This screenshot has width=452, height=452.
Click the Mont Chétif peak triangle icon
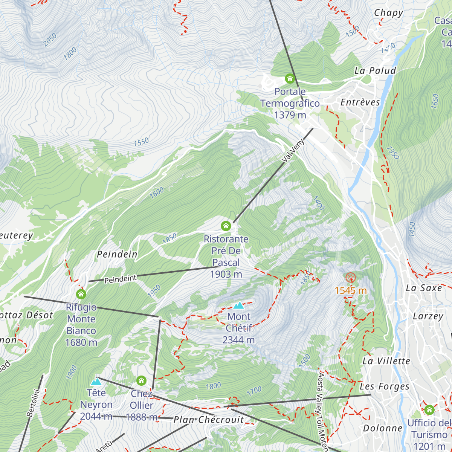pyautogui.click(x=238, y=305)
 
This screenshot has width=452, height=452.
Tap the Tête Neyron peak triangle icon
pyautogui.click(x=96, y=382)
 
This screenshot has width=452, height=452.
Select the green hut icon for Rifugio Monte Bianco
pyautogui.click(x=81, y=294)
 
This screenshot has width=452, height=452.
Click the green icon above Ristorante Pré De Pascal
pyautogui.click(x=226, y=226)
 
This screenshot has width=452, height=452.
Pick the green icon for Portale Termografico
pyautogui.click(x=290, y=78)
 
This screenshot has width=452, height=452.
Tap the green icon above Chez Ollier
pyautogui.click(x=141, y=380)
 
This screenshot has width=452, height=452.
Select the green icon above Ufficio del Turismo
pyautogui.click(x=429, y=410)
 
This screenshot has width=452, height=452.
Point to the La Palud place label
pyautogui.click(x=375, y=71)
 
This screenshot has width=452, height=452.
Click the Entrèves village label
pyautogui.click(x=360, y=102)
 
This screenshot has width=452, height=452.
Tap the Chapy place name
pyautogui.click(x=388, y=13)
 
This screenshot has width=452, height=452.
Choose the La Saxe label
pyautogui.click(x=424, y=288)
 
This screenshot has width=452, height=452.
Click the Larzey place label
pyautogui.click(x=428, y=316)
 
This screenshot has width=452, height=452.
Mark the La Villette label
pyautogui.click(x=386, y=361)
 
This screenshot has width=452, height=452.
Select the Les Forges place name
pyautogui.click(x=384, y=386)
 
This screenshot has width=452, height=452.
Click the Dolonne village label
pyautogui.click(x=383, y=428)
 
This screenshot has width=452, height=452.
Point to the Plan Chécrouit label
pyautogui.click(x=209, y=420)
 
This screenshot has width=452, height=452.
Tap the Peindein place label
pyautogui.click(x=117, y=254)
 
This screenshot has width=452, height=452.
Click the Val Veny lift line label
pyautogui.click(x=293, y=151)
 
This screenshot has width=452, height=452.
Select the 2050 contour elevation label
pyautogui.click(x=50, y=40)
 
